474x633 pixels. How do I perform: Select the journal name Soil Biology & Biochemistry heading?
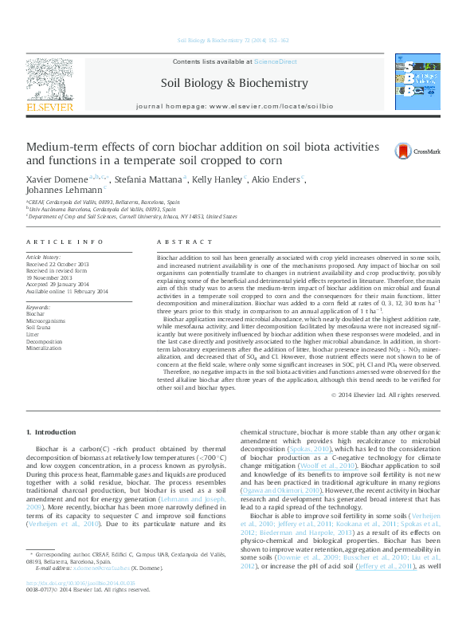(x=234, y=83)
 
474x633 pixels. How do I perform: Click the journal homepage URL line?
(x=234, y=106)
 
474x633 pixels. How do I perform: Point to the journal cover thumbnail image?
(x=417, y=83)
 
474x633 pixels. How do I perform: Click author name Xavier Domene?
(x=57, y=179)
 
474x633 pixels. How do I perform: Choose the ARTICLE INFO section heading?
(x=65, y=242)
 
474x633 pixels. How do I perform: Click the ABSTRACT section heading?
(x=179, y=242)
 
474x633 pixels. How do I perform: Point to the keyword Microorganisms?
(x=46, y=320)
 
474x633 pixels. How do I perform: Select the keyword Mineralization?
(x=44, y=348)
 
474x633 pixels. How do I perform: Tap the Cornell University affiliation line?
(x=132, y=216)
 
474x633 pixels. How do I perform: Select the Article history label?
(x=44, y=258)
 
